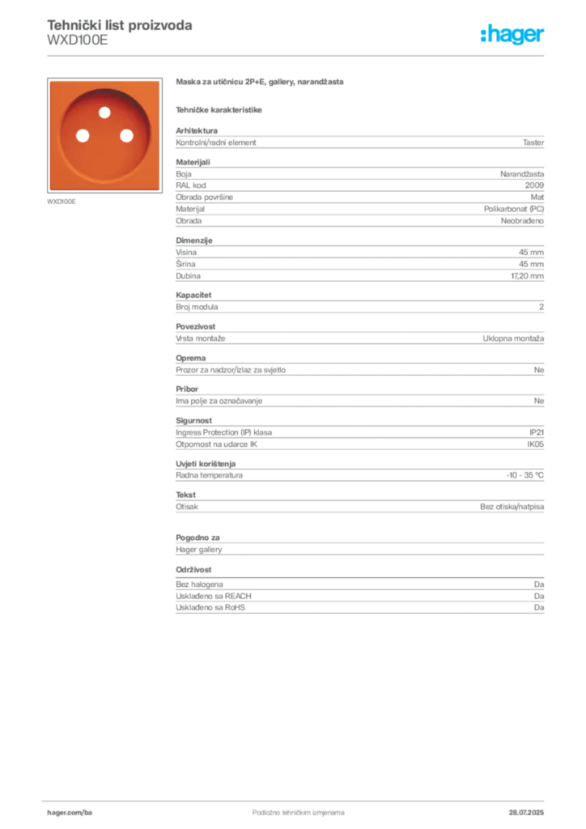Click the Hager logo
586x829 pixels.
[512, 34]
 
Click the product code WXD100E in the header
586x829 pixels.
[78, 40]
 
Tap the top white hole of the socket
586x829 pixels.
[104, 112]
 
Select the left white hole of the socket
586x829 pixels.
[83, 136]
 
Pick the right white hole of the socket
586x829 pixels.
[127, 136]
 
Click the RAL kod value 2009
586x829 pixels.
[534, 185]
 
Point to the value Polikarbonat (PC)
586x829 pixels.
[514, 209]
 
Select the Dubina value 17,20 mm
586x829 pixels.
[528, 276]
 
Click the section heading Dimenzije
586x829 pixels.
[194, 240]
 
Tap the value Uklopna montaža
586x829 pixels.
[513, 338]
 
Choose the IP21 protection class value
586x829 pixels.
[537, 432]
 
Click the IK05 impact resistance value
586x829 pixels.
[535, 444]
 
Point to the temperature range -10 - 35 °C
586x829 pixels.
[525, 475]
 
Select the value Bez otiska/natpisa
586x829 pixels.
[512, 507]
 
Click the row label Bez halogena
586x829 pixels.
[199, 585]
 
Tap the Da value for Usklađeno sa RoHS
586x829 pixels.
[539, 607]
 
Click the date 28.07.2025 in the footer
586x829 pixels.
[526, 813]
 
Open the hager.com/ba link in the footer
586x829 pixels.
[70, 813]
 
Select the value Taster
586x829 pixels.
[533, 142]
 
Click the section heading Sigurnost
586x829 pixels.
[194, 421]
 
